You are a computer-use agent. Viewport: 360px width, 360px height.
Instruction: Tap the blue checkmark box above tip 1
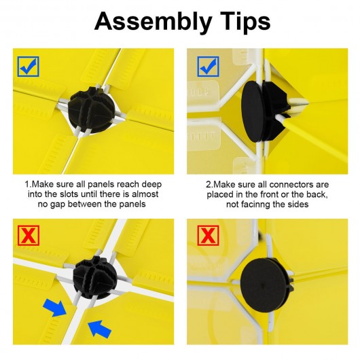(x=29, y=67)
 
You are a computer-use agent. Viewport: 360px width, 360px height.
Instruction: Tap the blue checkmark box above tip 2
(x=208, y=67)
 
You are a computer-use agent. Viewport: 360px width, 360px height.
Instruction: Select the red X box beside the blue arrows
(x=29, y=235)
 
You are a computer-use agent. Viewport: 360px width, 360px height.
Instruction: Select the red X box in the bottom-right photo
(x=208, y=235)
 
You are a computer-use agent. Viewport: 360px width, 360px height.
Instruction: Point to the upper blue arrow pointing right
(x=54, y=308)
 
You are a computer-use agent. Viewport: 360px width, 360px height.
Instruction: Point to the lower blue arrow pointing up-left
(x=100, y=329)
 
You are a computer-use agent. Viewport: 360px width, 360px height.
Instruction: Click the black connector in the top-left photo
(x=92, y=109)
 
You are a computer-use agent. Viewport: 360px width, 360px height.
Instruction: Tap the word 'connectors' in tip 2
(x=292, y=184)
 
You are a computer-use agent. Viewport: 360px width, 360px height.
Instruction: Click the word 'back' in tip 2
(x=318, y=194)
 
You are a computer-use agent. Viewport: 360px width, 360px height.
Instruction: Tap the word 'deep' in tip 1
(x=151, y=185)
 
